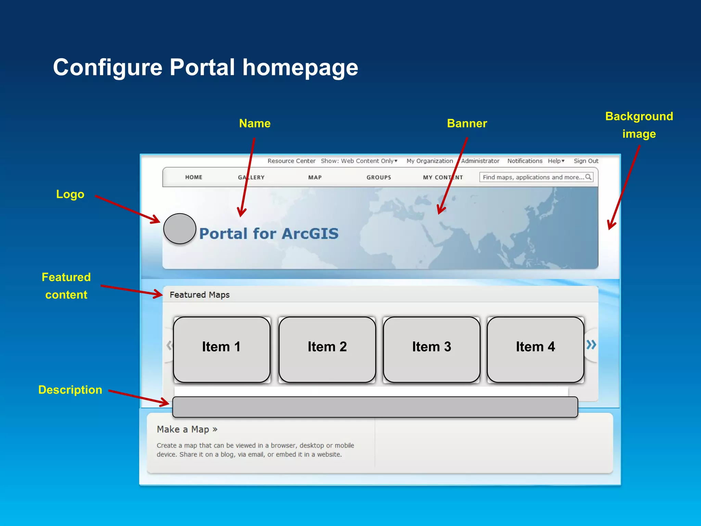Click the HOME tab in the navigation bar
[194, 177]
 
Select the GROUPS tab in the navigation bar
[379, 177]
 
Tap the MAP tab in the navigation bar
[315, 177]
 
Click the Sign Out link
[586, 161]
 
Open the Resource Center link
[291, 161]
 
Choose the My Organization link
[430, 161]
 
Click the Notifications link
[525, 161]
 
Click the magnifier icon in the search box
[588, 177]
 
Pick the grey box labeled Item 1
[221, 349]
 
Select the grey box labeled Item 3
[432, 349]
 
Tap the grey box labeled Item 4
[535, 349]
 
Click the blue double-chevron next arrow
[591, 345]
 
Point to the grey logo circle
[180, 229]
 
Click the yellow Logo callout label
[70, 194]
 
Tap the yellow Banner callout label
[467, 123]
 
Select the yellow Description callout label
[70, 390]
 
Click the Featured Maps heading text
[200, 295]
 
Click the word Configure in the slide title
[107, 67]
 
